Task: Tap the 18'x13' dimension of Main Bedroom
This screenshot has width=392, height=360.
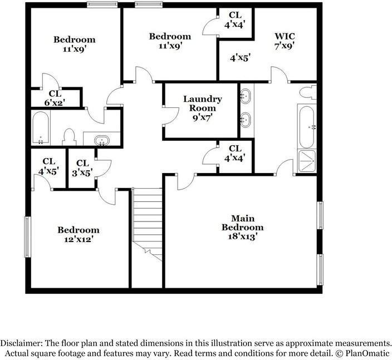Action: tap(242, 236)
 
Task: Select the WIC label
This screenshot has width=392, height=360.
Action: tap(284, 36)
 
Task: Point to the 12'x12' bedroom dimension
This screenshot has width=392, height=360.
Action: tap(79, 239)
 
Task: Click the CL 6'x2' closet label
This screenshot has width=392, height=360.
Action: tap(55, 98)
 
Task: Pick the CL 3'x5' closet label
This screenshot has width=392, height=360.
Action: tap(82, 167)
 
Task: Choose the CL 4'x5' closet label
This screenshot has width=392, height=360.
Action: tap(48, 166)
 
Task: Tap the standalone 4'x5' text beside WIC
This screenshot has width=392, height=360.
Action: tap(240, 57)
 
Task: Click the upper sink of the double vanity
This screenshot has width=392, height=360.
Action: tap(245, 97)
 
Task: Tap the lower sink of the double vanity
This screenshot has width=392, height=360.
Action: tap(245, 119)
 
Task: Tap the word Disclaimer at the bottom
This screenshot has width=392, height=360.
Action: tap(22, 343)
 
